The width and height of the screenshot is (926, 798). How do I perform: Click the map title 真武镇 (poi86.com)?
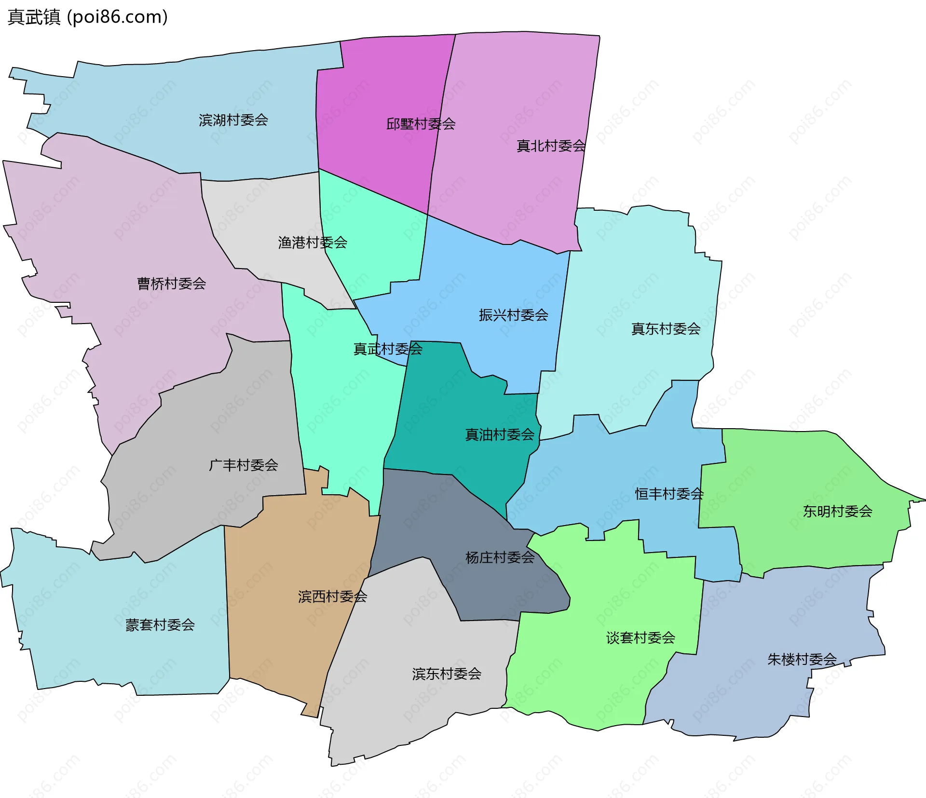88,17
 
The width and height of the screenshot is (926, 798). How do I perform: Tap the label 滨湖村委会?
233,120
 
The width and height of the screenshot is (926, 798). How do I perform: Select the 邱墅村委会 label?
421,124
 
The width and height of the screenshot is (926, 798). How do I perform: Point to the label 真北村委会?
551,146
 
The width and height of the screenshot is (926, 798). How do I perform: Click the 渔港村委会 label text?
313,243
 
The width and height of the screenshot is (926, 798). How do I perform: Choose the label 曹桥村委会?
171,284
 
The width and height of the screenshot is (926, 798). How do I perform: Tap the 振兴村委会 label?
513,315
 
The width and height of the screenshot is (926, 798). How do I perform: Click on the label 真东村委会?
666,329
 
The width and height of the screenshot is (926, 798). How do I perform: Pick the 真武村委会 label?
388,349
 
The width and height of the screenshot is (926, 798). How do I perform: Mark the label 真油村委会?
499,435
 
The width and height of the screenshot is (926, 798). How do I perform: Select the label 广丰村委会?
243,465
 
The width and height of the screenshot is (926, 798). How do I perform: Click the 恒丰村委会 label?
669,494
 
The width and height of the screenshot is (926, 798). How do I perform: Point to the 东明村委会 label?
837,511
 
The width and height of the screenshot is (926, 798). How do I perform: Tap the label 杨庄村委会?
500,558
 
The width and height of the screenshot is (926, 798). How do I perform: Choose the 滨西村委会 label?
332,597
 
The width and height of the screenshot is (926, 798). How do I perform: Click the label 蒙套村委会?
160,625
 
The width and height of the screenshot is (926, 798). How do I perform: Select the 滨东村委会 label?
447,674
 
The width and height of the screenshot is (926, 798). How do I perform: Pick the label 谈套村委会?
640,638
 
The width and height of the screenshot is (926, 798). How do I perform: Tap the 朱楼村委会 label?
802,660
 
